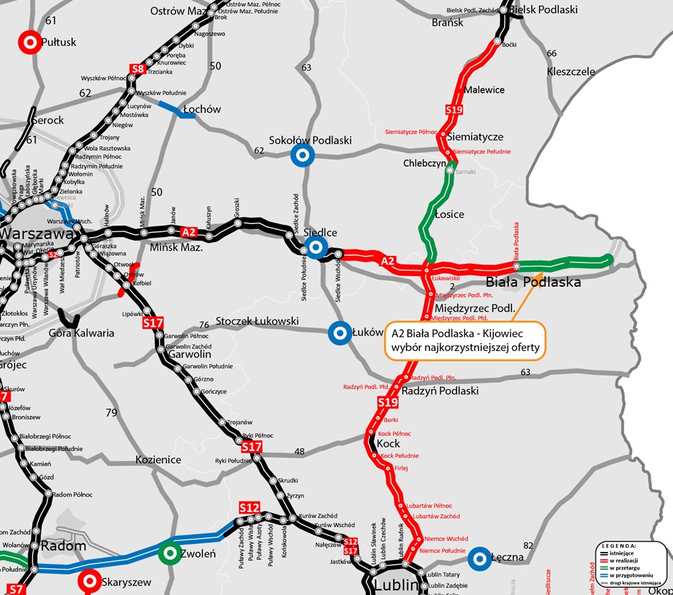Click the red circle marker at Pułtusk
[30, 42]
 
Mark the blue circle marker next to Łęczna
[479, 557]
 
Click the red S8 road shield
[138, 69]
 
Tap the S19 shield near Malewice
[454, 110]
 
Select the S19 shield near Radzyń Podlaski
[388, 403]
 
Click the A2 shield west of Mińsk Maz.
[189, 232]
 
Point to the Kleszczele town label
[571, 71]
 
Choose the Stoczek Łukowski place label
[257, 321]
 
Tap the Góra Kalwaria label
[81, 332]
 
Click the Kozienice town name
[158, 460]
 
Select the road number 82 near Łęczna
[528, 545]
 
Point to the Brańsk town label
[448, 22]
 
